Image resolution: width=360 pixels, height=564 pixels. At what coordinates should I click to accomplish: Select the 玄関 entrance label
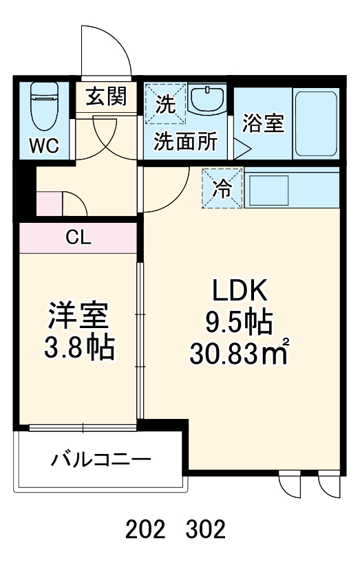[x=106, y=97]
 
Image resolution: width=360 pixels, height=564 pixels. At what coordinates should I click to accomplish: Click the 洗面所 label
[x=185, y=141]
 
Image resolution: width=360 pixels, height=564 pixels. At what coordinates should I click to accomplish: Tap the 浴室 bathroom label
[x=264, y=124]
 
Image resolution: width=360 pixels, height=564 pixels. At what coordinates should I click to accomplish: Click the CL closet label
[x=78, y=238]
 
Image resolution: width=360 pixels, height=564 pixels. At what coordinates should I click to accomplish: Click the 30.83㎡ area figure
[x=238, y=354]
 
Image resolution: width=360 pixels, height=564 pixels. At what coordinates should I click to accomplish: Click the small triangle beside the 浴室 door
[x=242, y=146]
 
